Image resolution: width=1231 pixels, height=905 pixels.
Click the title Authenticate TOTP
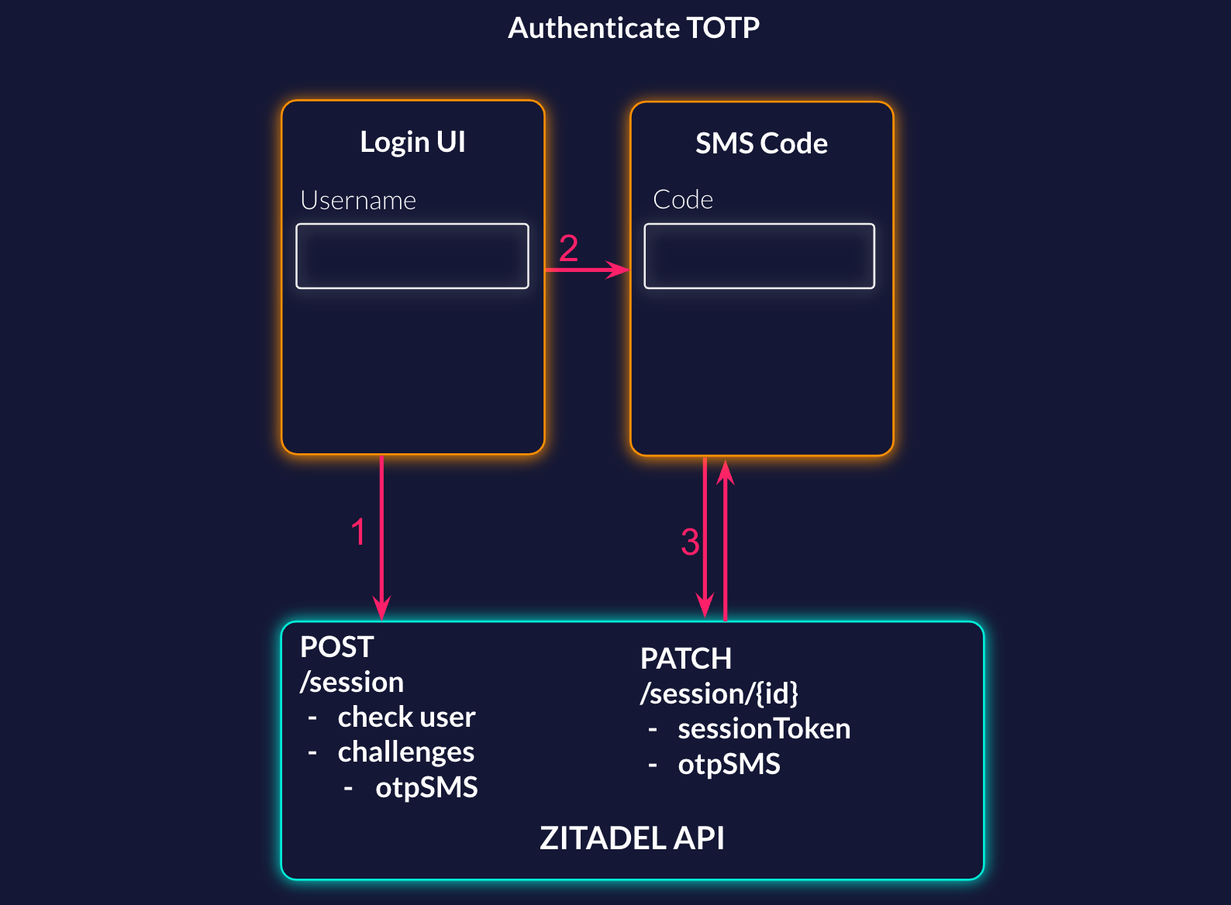pyautogui.click(x=633, y=28)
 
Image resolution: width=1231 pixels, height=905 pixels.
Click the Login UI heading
pyautogui.click(x=412, y=143)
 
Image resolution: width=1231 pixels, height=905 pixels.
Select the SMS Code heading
pyautogui.click(x=761, y=143)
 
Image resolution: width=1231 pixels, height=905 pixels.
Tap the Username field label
pyautogui.click(x=358, y=201)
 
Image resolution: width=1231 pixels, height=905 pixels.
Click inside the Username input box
pyautogui.click(x=412, y=256)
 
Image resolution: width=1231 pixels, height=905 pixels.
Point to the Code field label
pyautogui.click(x=682, y=199)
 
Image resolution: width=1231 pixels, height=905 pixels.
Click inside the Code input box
pyautogui.click(x=759, y=256)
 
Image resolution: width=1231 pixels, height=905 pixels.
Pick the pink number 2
pyautogui.click(x=568, y=249)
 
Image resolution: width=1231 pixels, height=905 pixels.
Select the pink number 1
pyautogui.click(x=358, y=532)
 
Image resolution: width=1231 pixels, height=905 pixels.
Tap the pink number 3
pyautogui.click(x=690, y=542)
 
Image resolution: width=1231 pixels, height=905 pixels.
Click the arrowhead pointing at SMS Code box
pyautogui.click(x=619, y=270)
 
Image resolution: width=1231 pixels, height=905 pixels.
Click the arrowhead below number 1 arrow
pyautogui.click(x=381, y=607)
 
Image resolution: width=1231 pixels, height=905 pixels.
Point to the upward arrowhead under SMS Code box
pyautogui.click(x=725, y=471)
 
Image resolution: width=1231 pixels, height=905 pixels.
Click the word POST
pyautogui.click(x=336, y=647)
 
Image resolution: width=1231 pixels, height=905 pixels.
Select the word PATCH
pyautogui.click(x=685, y=659)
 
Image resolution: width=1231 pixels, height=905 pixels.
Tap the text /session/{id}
pyautogui.click(x=719, y=693)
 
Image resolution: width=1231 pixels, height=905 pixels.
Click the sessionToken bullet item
pyautogui.click(x=764, y=729)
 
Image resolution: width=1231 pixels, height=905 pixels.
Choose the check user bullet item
pyautogui.click(x=406, y=717)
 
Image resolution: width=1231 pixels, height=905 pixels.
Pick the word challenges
pyautogui.click(x=405, y=752)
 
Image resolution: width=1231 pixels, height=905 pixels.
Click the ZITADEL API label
pyautogui.click(x=632, y=838)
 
